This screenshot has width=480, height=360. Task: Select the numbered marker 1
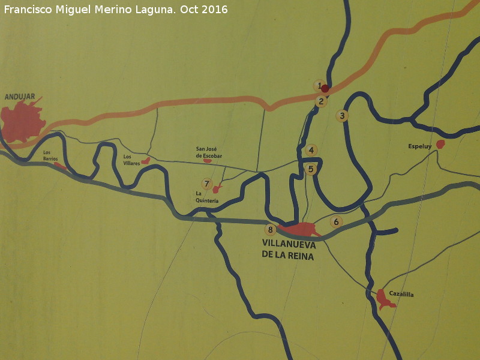coord(319,85)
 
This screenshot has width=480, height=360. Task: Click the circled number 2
coord(322,101)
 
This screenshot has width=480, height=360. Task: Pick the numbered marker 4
coord(311,150)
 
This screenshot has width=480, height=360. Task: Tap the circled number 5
coord(311,169)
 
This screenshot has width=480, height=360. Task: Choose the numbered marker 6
coord(337,222)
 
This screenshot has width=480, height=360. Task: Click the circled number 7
coord(207,184)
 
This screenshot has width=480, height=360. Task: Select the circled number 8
coord(271,229)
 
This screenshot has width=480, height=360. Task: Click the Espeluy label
coord(420,146)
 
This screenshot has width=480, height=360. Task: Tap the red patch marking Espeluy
coord(440,144)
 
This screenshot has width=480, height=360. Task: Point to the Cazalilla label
coord(401,294)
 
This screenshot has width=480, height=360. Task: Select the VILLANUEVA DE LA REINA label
coord(289,249)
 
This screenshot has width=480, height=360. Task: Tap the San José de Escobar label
coord(209,152)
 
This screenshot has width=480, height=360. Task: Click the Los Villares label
coord(131,160)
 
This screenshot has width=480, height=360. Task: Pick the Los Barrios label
coord(50,155)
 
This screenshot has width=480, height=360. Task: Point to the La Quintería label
coord(207,197)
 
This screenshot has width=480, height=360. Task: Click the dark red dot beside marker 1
coord(325,89)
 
